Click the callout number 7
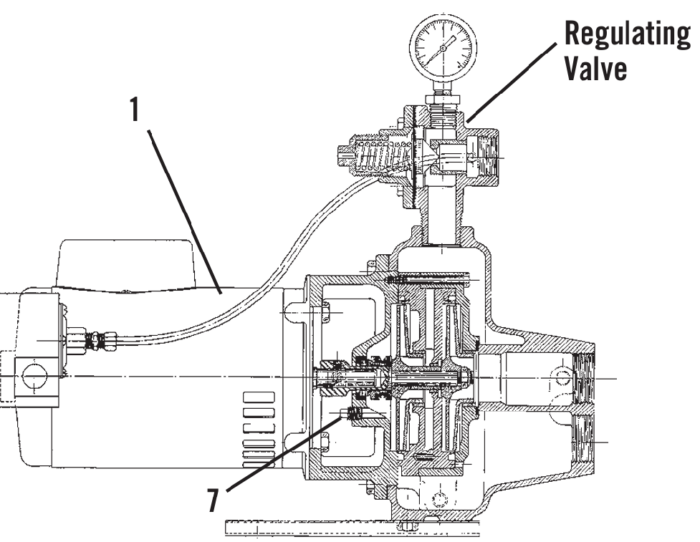[213, 500]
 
